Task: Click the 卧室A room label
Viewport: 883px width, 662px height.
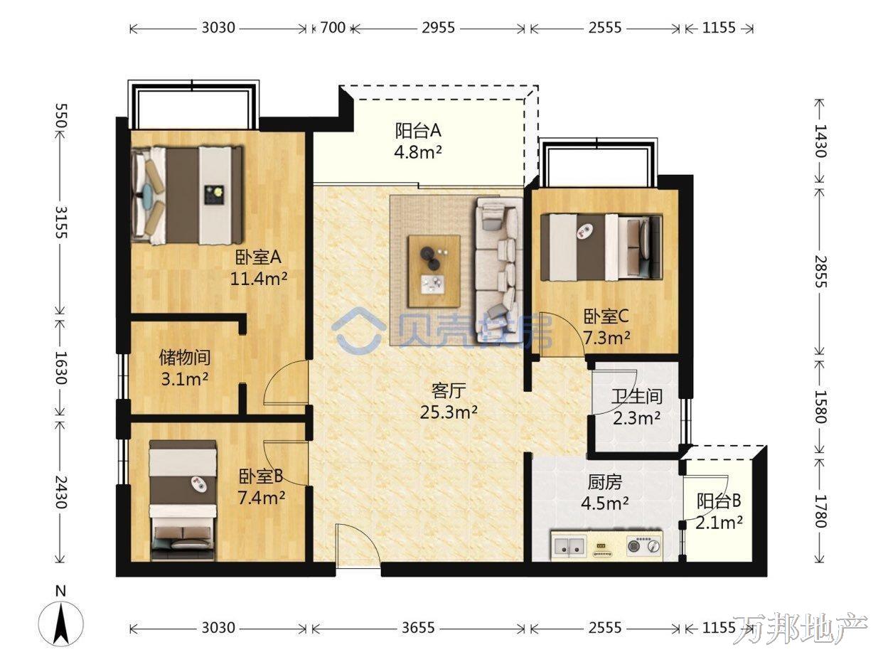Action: tap(258, 257)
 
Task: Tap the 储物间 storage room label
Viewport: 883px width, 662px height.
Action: tap(185, 357)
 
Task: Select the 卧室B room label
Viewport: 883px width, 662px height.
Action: tap(261, 476)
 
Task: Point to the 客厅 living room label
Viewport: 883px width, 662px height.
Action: tap(449, 390)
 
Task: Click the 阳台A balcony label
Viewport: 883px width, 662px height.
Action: tap(418, 131)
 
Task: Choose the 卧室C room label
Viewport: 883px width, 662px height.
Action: tap(606, 317)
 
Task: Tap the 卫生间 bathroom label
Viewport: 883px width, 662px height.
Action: tap(637, 397)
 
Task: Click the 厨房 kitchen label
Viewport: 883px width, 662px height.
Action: tap(604, 482)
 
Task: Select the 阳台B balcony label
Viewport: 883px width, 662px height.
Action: tap(719, 501)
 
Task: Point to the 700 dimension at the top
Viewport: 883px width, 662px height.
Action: tap(333, 28)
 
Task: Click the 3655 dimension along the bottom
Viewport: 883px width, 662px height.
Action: tap(418, 627)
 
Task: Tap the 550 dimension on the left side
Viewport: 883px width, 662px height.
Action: tap(61, 116)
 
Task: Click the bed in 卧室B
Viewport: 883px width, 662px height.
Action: tap(183, 501)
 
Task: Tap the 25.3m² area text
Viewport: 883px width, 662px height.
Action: tap(449, 412)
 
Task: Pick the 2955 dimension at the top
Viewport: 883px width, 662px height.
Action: tap(438, 28)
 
